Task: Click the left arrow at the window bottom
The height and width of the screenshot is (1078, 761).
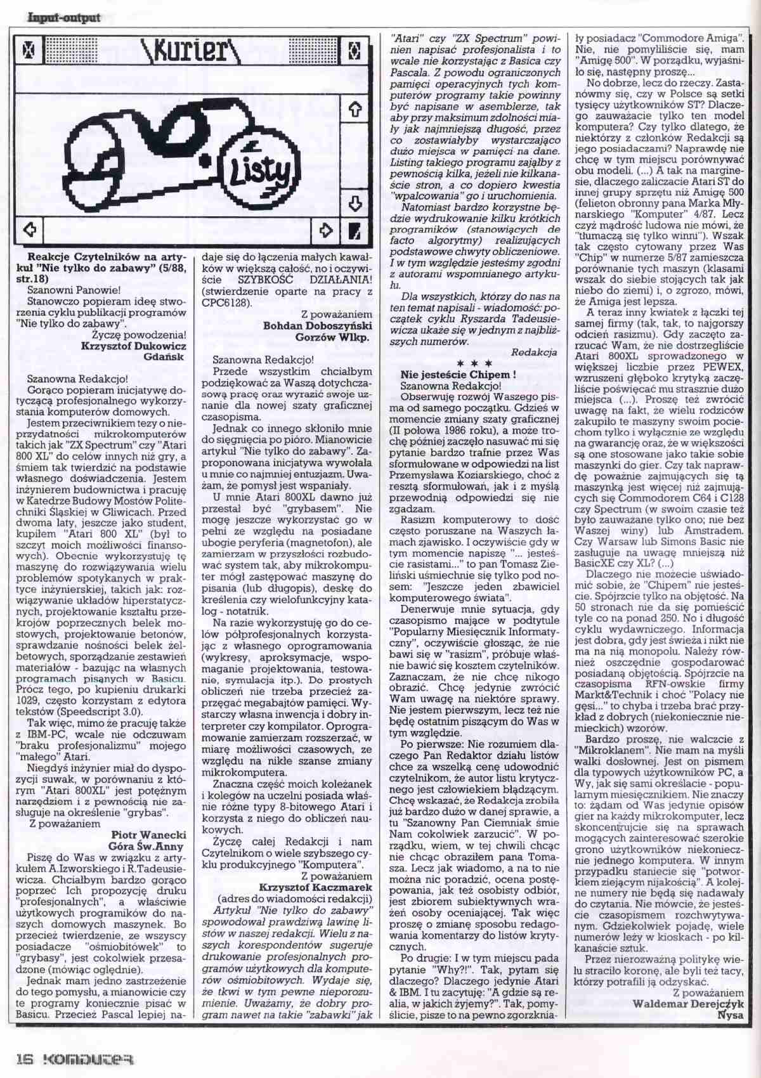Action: point(29,229)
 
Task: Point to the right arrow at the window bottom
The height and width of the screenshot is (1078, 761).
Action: point(326,229)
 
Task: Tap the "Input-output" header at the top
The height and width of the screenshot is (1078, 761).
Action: point(63,17)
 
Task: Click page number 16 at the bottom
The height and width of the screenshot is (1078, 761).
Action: point(23,1060)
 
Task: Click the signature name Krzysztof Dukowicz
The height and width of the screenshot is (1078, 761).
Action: point(133,346)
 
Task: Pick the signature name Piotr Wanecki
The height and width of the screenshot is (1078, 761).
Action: point(148,835)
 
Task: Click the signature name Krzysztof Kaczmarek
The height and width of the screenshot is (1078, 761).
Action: point(315,886)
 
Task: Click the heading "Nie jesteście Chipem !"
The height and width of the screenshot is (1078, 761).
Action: point(458,375)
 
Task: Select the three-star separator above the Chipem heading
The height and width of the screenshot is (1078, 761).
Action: point(479,364)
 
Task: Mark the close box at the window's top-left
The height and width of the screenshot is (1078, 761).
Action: point(29,49)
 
